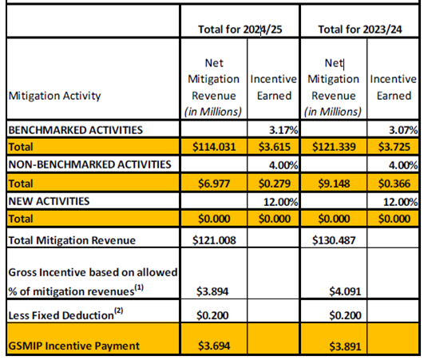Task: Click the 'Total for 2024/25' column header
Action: [240, 30]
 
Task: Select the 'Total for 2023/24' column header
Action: [359, 30]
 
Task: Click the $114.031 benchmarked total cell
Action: [214, 146]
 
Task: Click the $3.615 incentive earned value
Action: [275, 146]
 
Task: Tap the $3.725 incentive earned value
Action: [395, 146]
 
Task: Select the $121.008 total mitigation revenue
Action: [214, 238]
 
